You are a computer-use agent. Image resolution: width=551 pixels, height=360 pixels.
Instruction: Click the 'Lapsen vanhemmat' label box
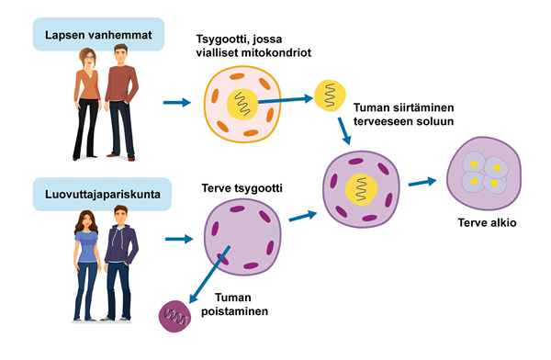click(98, 35)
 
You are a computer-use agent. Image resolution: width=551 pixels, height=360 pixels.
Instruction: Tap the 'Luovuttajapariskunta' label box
click(102, 194)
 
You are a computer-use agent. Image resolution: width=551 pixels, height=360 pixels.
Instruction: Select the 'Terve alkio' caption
click(487, 222)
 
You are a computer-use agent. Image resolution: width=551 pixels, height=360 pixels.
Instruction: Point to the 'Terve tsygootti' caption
click(242, 188)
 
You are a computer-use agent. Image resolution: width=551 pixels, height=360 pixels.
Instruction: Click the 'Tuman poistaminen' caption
click(234, 305)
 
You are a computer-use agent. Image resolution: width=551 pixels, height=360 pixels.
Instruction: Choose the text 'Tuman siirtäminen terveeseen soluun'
click(403, 114)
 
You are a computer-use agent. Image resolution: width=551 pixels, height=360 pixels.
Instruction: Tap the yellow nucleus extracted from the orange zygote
click(330, 96)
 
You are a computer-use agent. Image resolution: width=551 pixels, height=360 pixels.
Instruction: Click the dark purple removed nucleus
click(175, 316)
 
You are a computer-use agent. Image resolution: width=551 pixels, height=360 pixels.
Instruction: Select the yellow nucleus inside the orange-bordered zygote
click(243, 104)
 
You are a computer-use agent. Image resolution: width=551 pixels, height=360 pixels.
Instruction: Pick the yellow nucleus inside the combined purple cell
click(361, 190)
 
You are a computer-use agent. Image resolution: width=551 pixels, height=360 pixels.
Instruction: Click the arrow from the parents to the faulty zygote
click(177, 103)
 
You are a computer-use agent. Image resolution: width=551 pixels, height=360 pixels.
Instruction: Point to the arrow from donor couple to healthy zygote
click(179, 239)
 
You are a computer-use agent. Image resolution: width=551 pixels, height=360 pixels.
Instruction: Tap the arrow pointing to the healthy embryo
click(422, 182)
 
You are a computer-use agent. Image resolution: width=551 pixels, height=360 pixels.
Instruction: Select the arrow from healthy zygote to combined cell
click(303, 216)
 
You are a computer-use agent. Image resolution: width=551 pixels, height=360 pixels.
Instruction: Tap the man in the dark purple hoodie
click(120, 264)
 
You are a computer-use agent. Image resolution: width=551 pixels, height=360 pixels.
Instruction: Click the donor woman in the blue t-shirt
click(85, 265)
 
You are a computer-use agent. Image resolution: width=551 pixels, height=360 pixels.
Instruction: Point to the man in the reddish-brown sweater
click(121, 102)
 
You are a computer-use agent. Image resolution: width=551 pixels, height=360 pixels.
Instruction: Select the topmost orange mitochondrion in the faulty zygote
click(237, 76)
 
